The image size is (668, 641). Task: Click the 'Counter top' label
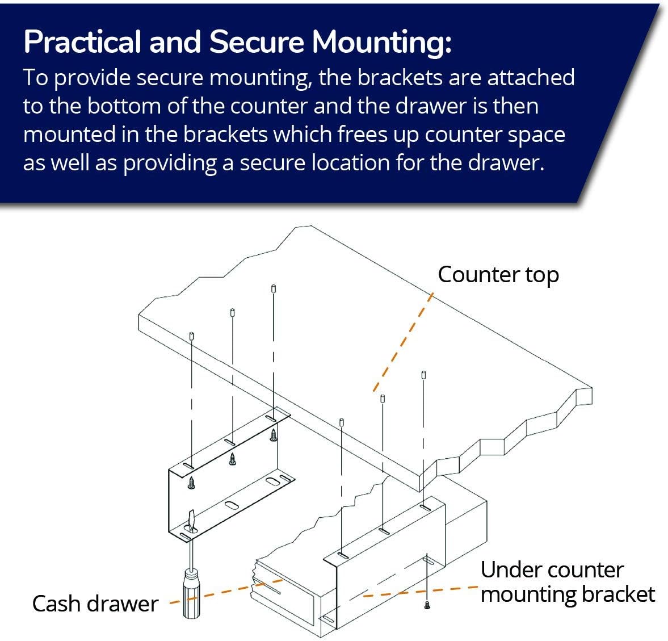pos(498,275)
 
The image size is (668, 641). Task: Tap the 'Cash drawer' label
pos(95,604)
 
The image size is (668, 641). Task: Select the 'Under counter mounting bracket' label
pos(567,582)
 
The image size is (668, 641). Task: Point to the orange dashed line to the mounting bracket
pos(414,592)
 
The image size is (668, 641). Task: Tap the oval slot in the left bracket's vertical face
pos(232,505)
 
